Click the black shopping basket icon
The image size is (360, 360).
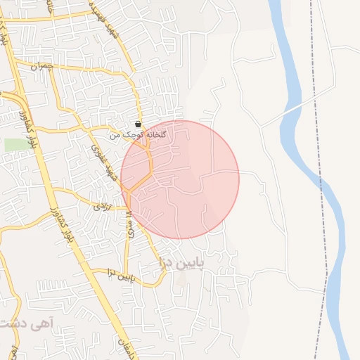138,123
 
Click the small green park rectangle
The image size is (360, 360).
14,144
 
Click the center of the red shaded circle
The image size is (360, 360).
180,179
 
